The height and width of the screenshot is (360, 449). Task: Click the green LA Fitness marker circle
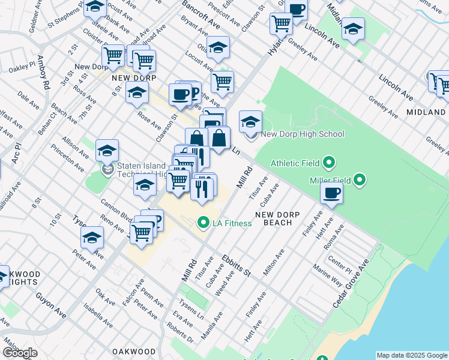(x=203, y=224)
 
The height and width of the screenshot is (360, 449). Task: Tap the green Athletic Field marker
(x=329, y=163)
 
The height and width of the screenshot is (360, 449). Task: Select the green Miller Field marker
(x=360, y=179)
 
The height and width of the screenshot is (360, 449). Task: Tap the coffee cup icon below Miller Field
(x=332, y=193)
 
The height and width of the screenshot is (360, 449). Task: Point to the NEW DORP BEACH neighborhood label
(x=273, y=218)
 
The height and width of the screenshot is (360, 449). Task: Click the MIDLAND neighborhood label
(x=426, y=112)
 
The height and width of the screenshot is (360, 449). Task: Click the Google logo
(x=20, y=353)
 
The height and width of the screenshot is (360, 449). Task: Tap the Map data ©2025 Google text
(x=411, y=355)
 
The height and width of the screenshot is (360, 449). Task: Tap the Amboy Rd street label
(x=43, y=73)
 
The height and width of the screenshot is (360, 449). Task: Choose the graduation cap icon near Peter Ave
(x=92, y=238)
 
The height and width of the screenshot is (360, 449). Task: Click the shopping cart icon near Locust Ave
(x=222, y=81)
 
